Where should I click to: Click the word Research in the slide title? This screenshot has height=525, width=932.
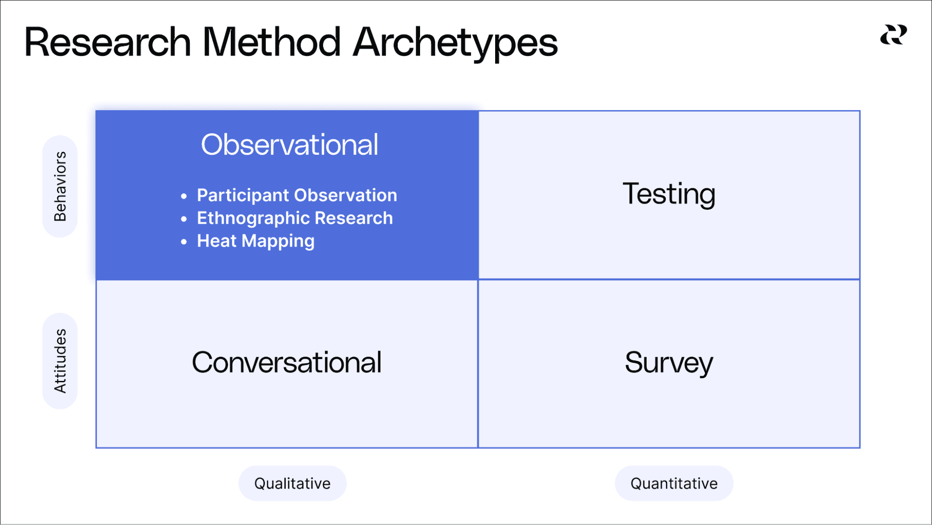click(x=107, y=42)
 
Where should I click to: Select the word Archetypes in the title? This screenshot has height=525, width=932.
click(x=455, y=42)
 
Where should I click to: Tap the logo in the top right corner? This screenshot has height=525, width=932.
click(x=893, y=35)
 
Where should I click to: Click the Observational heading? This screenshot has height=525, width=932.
click(x=289, y=145)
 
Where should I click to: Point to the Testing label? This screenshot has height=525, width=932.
click(x=669, y=194)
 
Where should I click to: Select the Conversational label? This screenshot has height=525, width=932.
click(x=287, y=363)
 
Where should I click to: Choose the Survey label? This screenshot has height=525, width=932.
click(x=669, y=363)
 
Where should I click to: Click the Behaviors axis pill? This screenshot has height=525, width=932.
click(x=60, y=187)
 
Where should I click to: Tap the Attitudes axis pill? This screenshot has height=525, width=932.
click(x=60, y=361)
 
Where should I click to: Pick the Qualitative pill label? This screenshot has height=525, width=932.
click(x=292, y=484)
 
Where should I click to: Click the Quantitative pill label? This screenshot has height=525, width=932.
click(x=674, y=484)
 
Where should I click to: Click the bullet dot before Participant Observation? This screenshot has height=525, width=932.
click(x=184, y=196)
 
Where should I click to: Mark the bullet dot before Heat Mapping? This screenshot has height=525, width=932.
click(x=184, y=242)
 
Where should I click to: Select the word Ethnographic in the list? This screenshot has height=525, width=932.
click(x=253, y=218)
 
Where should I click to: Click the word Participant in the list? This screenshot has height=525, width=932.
click(x=242, y=195)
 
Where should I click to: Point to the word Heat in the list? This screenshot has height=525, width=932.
click(x=216, y=241)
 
